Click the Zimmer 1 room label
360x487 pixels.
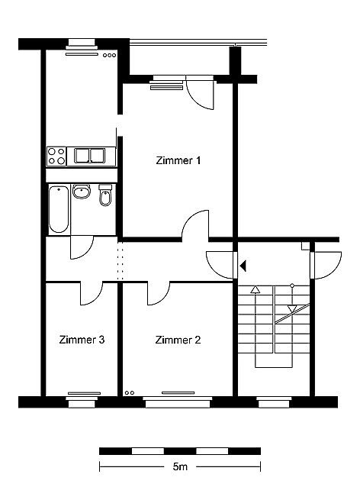[178, 160]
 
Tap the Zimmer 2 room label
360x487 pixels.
[178, 340]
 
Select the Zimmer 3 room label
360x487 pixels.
[82, 340]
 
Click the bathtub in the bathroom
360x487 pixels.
[59, 209]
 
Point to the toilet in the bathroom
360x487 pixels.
[105, 195]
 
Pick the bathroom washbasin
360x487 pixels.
[82, 192]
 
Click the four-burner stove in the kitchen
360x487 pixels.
[56, 156]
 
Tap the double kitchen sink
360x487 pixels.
[89, 156]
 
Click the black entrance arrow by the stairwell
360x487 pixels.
[243, 266]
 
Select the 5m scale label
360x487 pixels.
[180, 466]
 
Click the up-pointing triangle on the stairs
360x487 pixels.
[255, 290]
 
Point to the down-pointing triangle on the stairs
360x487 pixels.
[291, 308]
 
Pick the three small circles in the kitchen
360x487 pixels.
[110, 55]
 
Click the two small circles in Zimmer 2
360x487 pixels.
[130, 393]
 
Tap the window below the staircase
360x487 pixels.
[274, 402]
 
